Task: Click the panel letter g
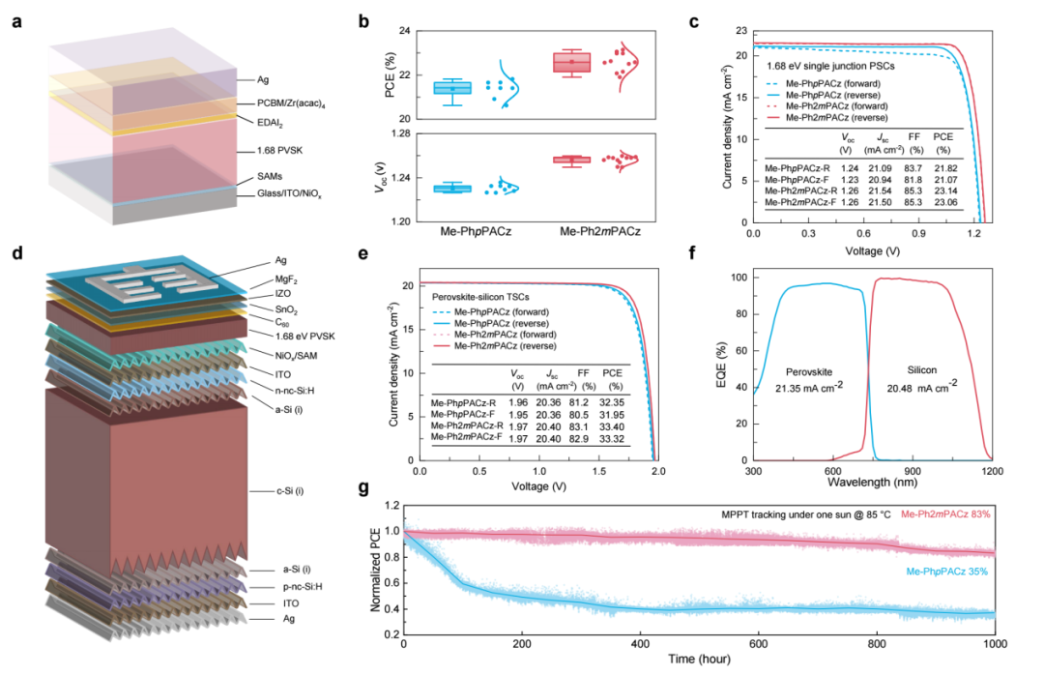[x=362, y=488]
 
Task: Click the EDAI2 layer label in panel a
[x=270, y=123]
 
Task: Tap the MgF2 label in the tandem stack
[x=286, y=279]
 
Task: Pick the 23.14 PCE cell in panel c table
[x=945, y=191]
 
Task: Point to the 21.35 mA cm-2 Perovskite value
[x=809, y=387]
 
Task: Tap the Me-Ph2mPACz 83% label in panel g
[x=945, y=514]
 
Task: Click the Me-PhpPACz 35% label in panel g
[x=946, y=572]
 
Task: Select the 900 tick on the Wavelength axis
[x=913, y=471]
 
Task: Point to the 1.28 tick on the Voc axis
[x=400, y=133]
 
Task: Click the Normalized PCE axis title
[x=375, y=570]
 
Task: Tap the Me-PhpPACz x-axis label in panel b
[x=476, y=232]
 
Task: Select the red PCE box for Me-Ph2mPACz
[x=572, y=61]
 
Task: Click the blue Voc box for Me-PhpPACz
[x=452, y=189]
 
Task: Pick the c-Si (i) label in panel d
[x=290, y=491]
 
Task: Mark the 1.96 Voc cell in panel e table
[x=518, y=402]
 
